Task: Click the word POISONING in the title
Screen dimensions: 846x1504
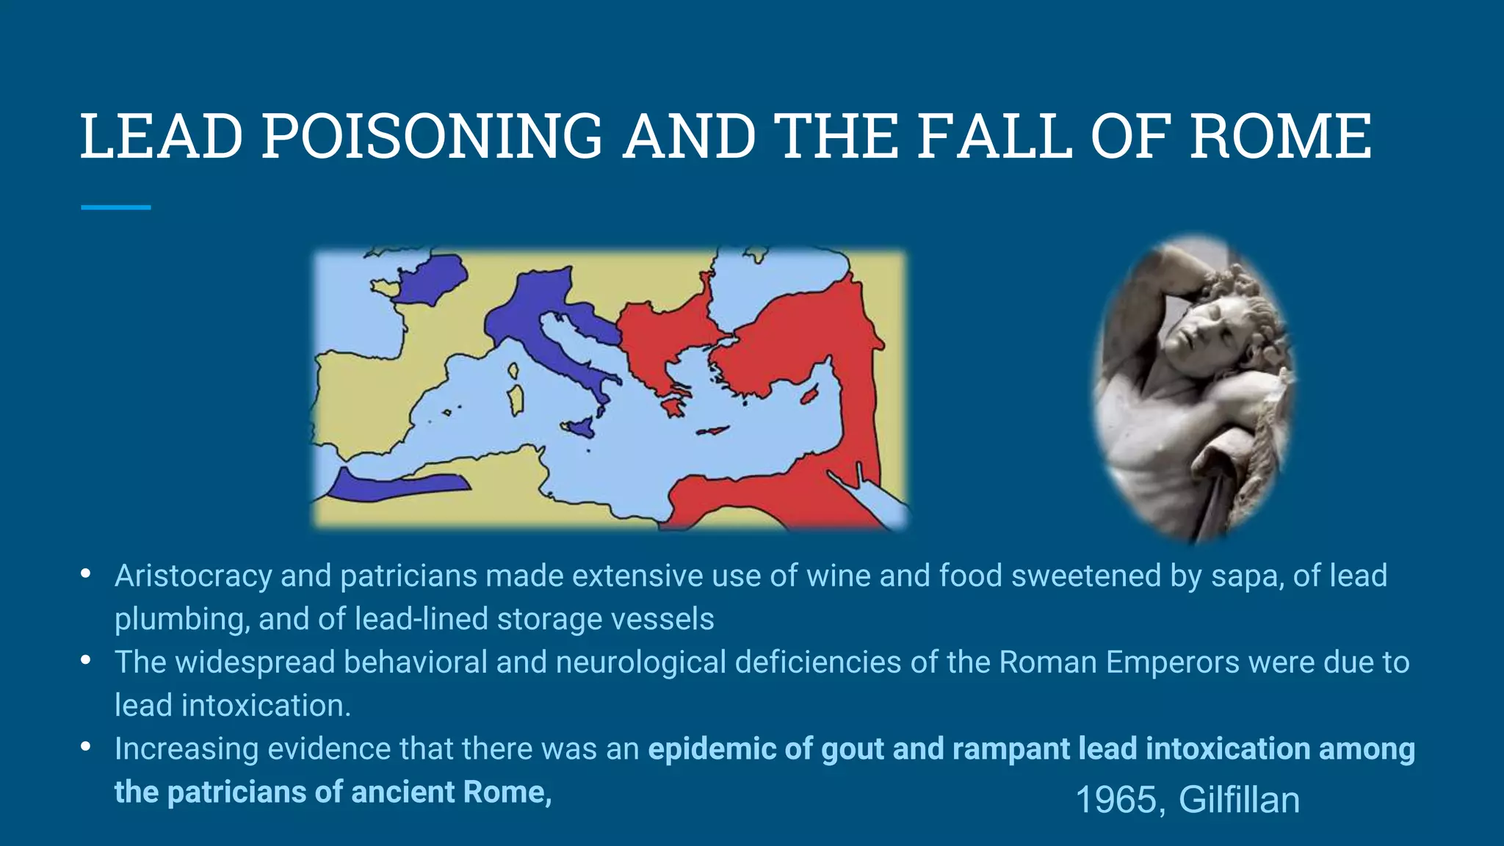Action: (x=432, y=136)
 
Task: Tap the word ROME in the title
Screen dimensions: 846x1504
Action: (x=1280, y=136)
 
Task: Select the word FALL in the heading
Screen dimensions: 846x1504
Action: (x=994, y=136)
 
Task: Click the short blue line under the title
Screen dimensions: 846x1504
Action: (x=115, y=208)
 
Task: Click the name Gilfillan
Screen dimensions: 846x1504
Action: (x=1239, y=800)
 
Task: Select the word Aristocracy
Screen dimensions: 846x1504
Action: (x=193, y=576)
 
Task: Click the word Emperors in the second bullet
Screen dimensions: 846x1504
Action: (x=1173, y=662)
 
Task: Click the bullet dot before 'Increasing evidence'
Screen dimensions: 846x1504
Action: (x=86, y=747)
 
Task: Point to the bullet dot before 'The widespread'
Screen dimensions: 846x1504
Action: (x=86, y=660)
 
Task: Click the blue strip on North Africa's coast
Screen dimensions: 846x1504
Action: (x=397, y=485)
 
